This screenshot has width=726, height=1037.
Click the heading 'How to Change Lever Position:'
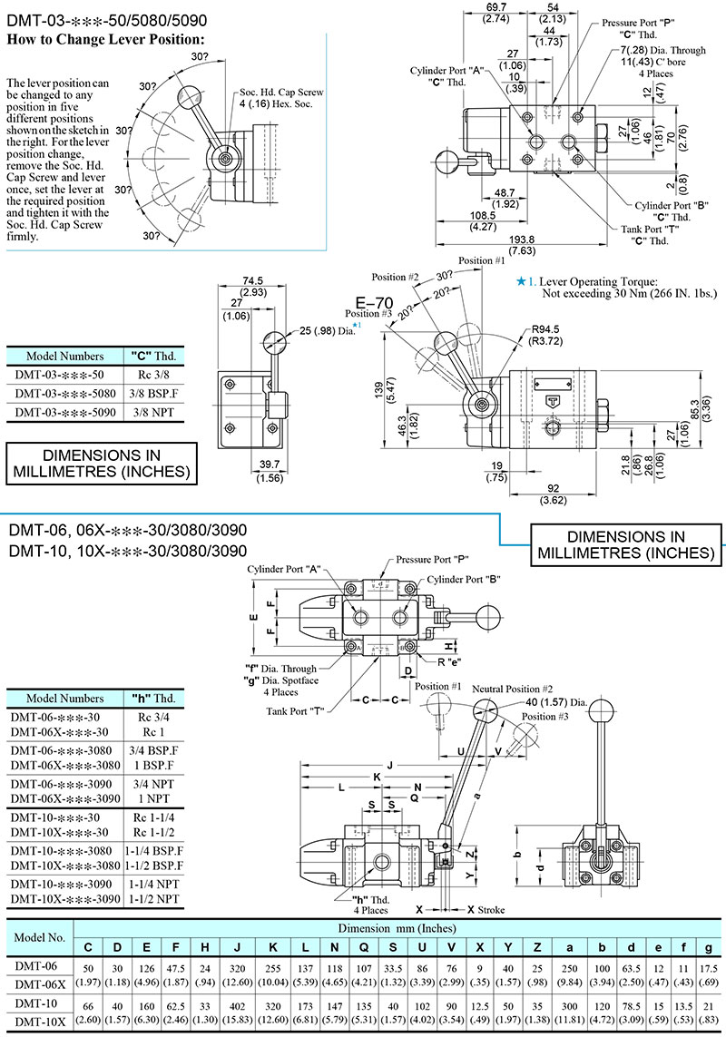pyautogui.click(x=106, y=39)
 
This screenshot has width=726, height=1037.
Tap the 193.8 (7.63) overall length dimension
pyautogui.click(x=522, y=245)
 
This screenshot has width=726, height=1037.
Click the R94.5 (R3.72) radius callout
pyautogui.click(x=546, y=335)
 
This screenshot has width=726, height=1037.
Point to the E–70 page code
pyautogui.click(x=374, y=304)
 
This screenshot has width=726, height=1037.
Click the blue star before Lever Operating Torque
pyautogui.click(x=521, y=282)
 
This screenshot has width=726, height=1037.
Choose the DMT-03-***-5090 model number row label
pyautogui.click(x=64, y=412)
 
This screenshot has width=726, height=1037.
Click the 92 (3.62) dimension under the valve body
pyautogui.click(x=554, y=494)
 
